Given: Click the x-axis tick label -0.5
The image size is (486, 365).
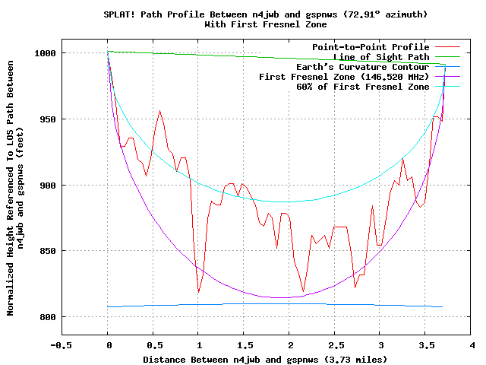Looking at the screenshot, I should [62, 345].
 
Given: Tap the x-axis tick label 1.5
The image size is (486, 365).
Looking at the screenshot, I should [244, 345].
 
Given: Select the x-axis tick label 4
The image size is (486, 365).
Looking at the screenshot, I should [472, 345].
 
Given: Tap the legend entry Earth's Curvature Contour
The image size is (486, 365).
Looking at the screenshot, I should [360, 67].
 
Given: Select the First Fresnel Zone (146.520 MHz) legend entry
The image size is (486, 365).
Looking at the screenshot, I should [344, 77].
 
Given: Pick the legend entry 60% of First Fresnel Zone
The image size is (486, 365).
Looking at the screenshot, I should [363, 87].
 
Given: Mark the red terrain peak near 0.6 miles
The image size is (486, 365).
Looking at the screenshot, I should [159, 111].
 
